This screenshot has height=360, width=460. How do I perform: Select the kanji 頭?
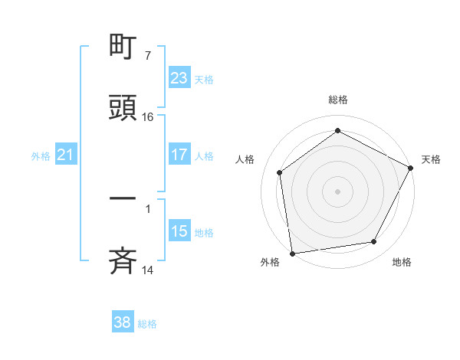click(x=123, y=107)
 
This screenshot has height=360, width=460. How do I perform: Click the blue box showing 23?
click(x=179, y=78)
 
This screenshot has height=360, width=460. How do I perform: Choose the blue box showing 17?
click(x=179, y=155)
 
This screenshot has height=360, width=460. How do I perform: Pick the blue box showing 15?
click(x=179, y=231)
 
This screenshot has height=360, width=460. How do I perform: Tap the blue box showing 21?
click(x=65, y=155)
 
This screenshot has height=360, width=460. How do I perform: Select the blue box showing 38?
click(x=122, y=322)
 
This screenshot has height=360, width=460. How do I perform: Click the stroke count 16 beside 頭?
click(x=148, y=117)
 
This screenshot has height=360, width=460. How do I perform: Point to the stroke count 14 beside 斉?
click(x=148, y=270)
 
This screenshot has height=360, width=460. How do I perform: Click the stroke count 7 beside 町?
click(x=147, y=56)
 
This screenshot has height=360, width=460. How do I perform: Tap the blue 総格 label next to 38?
click(x=147, y=324)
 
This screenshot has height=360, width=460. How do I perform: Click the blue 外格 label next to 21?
click(x=41, y=156)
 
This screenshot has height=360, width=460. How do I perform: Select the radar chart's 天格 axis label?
click(x=431, y=159)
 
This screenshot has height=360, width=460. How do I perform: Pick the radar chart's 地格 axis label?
click(x=402, y=262)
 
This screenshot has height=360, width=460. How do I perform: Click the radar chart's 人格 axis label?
click(x=245, y=159)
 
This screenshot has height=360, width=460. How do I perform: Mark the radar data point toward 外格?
click(x=292, y=253)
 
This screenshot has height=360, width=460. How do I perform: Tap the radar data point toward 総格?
click(x=337, y=131)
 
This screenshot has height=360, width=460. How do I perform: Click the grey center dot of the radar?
click(x=337, y=191)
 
